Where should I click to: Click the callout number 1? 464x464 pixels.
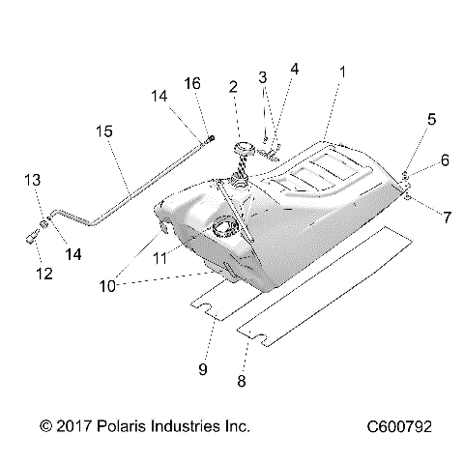point(340,72)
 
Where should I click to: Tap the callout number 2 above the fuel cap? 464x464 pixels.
point(233,87)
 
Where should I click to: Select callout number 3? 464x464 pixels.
point(262,77)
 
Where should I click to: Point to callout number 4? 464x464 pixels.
point(295,69)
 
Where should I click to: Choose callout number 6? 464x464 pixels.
point(444,161)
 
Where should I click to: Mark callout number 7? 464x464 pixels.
point(446,218)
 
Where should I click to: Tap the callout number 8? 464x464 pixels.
point(241,381)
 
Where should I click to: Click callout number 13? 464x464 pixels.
point(32,181)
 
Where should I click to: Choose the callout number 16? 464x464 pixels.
point(192,84)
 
